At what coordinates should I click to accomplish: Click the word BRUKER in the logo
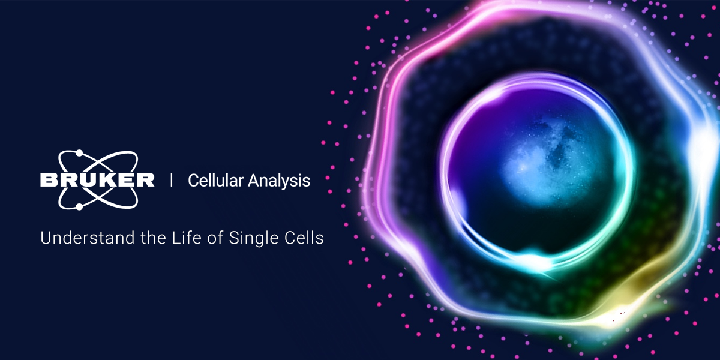tap(97, 180)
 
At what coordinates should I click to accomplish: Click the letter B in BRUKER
tap(48, 180)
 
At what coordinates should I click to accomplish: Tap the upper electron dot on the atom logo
tap(79, 154)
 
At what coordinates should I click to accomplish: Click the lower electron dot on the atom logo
tap(79, 207)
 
